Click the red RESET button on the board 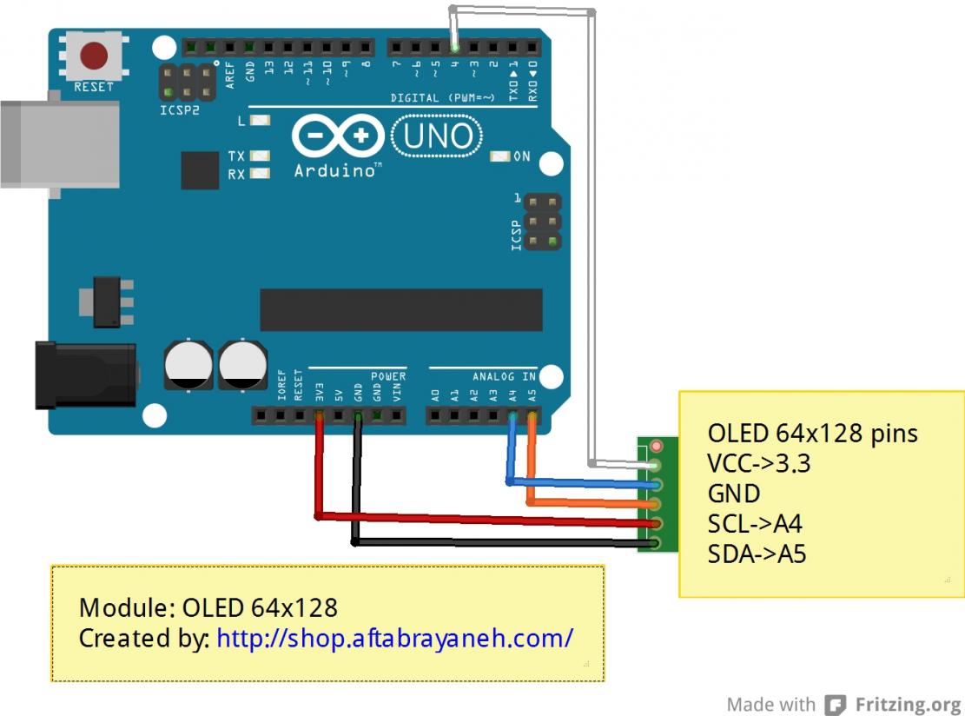pos(94,56)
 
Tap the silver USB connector pos(59,143)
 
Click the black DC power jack pos(85,375)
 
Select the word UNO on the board pos(439,136)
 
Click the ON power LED pos(499,157)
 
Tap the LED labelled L pos(260,121)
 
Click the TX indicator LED pos(260,156)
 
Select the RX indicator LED pos(260,174)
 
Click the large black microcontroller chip pos(401,310)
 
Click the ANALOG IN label pos(504,377)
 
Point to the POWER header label pos(388,377)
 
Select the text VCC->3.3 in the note pos(758,464)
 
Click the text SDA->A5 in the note pos(757,554)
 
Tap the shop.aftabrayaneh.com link pos(394,638)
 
